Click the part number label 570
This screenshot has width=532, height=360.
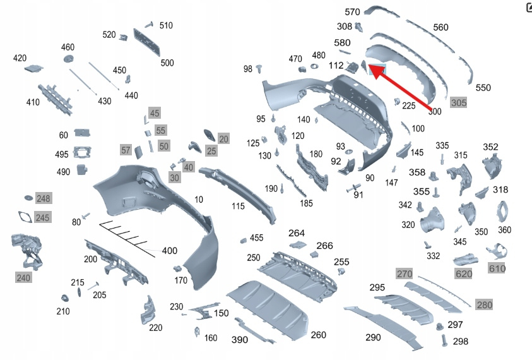point(352,12)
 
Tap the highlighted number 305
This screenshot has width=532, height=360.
point(459,102)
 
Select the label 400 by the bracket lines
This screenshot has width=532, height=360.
point(170,251)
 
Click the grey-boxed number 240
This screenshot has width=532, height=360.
point(23,278)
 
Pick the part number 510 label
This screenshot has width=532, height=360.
point(166,25)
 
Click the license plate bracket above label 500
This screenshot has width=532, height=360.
point(147,42)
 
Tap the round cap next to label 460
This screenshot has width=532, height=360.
point(69,59)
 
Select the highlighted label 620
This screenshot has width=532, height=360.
point(463,273)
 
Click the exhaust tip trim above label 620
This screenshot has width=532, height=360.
point(466,260)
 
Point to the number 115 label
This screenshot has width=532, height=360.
point(238,206)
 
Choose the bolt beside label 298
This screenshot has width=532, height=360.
point(444,340)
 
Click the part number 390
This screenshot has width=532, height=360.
point(240,340)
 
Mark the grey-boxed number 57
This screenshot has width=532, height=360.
point(126,150)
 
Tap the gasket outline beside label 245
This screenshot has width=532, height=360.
point(25,217)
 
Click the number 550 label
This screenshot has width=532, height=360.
point(483,88)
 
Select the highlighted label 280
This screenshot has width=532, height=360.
point(485,305)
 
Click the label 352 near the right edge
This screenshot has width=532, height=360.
point(490,147)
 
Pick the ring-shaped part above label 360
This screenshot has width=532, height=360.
point(502,212)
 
